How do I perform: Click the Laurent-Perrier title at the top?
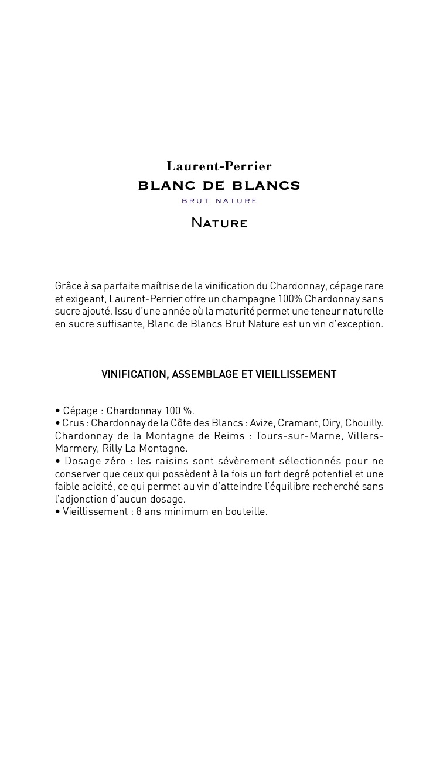click(x=219, y=167)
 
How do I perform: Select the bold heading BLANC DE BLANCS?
click(x=219, y=186)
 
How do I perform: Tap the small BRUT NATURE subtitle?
click(x=219, y=201)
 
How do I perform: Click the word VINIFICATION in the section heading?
click(x=134, y=374)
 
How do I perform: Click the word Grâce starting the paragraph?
click(x=68, y=286)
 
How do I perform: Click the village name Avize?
click(x=261, y=423)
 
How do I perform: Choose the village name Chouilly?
click(x=364, y=423)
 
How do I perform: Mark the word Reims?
click(x=231, y=436)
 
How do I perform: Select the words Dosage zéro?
click(x=95, y=462)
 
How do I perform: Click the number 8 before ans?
click(x=139, y=512)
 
